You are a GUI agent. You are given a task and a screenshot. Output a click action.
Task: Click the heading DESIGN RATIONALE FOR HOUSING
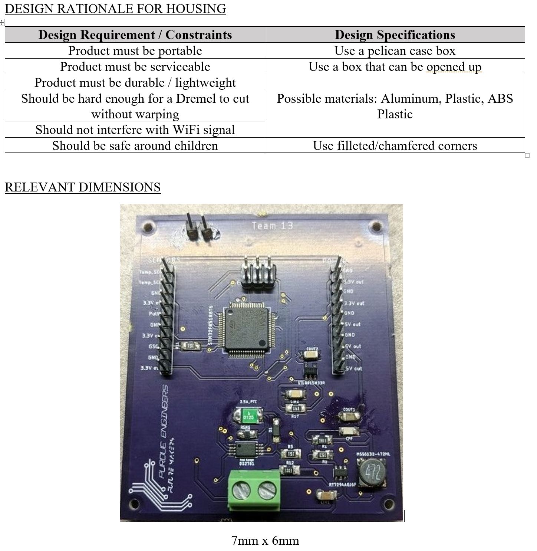coord(115,9)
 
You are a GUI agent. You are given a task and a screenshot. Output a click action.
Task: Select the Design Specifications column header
coord(395,35)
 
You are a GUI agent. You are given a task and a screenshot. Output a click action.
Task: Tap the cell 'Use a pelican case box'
coord(395,50)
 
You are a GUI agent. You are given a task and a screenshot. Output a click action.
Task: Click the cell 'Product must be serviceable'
coord(135,66)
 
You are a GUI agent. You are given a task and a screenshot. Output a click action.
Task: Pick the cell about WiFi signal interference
coord(135,129)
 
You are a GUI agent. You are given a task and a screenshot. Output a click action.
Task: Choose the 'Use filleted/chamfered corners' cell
coord(395,145)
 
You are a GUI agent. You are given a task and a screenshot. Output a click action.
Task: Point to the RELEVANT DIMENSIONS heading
coord(83,187)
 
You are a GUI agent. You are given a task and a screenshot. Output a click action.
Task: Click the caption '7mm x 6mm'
coord(265,540)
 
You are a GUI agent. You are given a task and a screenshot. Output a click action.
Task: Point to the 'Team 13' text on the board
coord(272,226)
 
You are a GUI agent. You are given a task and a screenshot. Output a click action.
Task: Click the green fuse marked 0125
coord(248,415)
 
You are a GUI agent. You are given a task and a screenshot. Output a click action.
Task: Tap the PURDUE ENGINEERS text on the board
coord(163,430)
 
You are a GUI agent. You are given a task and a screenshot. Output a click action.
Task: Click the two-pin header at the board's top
coord(199,227)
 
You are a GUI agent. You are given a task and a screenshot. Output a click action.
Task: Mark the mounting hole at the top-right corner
coord(378,226)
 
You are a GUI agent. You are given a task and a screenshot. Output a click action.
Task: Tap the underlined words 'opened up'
coord(454,67)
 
